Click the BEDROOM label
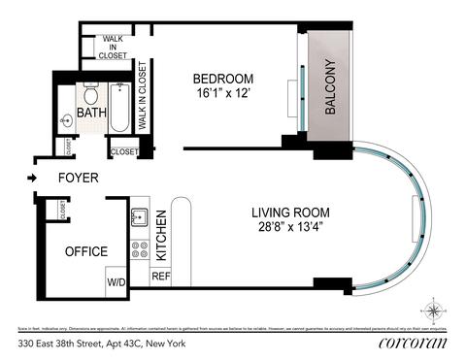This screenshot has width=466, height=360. point(222,79)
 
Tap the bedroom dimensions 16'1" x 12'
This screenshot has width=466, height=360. point(222,94)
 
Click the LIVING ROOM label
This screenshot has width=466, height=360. point(290,213)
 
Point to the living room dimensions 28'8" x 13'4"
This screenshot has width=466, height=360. point(290,229)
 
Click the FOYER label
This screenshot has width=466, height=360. point(77,179)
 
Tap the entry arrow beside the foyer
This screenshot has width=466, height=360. point(33,179)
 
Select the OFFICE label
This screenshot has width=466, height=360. point(85,251)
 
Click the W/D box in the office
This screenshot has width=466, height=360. point(116,281)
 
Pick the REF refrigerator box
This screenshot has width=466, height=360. point(161,277)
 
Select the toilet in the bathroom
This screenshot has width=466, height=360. point(90,97)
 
